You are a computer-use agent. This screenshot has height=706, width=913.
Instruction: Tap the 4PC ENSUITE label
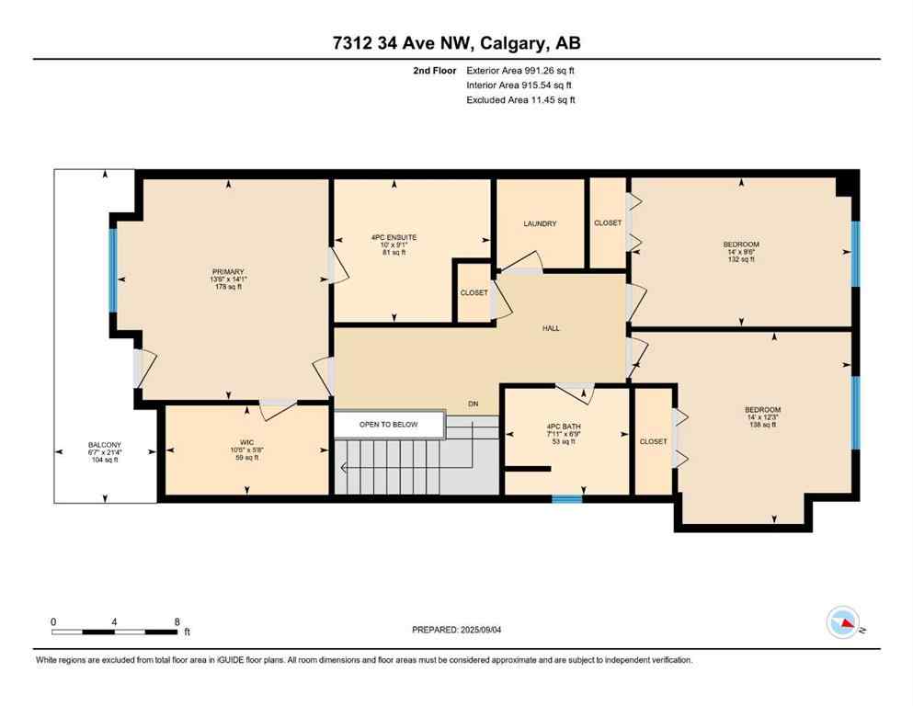[394, 237]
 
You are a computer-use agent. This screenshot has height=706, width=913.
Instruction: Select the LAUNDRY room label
[540, 223]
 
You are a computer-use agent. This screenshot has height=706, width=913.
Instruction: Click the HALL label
[551, 328]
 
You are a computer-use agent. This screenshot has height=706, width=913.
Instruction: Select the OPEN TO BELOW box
[388, 424]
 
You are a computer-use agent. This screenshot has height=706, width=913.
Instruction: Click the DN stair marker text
[473, 404]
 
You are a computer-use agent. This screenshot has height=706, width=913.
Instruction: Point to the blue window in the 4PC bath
[566, 499]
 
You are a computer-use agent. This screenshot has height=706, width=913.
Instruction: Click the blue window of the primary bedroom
[113, 269]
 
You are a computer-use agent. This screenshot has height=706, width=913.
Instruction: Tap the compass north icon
[843, 624]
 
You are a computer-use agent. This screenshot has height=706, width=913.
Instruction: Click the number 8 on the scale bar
[177, 621]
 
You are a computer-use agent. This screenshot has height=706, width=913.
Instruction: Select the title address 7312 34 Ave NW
[404, 43]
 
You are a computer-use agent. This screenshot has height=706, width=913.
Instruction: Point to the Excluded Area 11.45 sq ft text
[521, 100]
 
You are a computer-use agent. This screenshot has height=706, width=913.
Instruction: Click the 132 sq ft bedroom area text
[740, 259]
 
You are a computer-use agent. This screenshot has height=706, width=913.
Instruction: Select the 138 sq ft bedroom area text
[762, 425]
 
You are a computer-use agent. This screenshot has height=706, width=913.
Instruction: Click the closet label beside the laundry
[608, 222]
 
